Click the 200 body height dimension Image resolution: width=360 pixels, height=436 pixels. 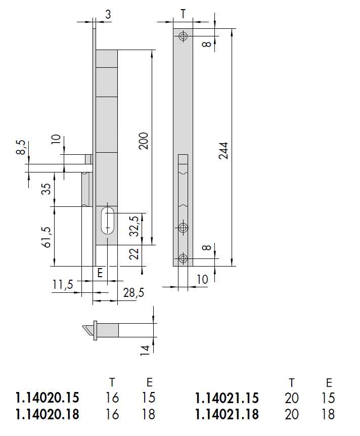(x=144, y=142)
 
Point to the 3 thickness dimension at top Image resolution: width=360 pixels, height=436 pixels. (x=108, y=15)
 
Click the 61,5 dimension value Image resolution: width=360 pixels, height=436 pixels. (x=47, y=237)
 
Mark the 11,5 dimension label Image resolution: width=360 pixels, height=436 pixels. (x=63, y=285)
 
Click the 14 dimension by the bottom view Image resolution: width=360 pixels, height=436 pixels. (x=145, y=348)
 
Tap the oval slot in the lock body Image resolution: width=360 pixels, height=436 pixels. (x=107, y=220)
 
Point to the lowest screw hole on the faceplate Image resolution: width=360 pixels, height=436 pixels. (x=183, y=259)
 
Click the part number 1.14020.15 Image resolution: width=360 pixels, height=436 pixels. (x=48, y=398)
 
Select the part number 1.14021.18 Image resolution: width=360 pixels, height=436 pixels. (x=227, y=415)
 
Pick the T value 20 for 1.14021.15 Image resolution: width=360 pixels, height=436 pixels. (x=292, y=398)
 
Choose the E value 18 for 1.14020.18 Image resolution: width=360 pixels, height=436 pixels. (x=149, y=415)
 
